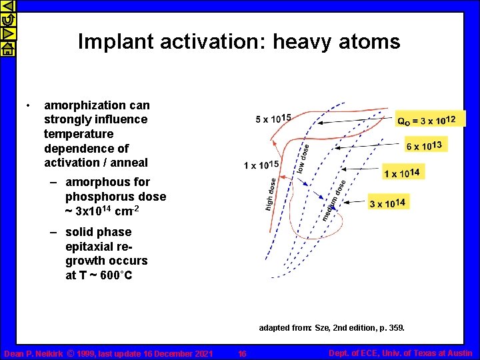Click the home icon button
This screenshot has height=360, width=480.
click(6, 48)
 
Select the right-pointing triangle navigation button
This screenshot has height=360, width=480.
click(6, 33)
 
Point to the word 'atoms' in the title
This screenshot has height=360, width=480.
click(368, 42)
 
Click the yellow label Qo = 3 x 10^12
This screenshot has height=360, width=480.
click(426, 120)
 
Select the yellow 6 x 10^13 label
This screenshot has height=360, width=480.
click(423, 145)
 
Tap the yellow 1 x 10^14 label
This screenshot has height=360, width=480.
click(402, 173)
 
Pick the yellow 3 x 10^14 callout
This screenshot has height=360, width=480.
click(387, 203)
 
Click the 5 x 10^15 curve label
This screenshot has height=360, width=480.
click(273, 119)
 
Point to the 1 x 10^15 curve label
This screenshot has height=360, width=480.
click(261, 165)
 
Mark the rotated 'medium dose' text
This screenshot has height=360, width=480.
click(333, 201)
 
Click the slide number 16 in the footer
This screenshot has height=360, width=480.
click(242, 353)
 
